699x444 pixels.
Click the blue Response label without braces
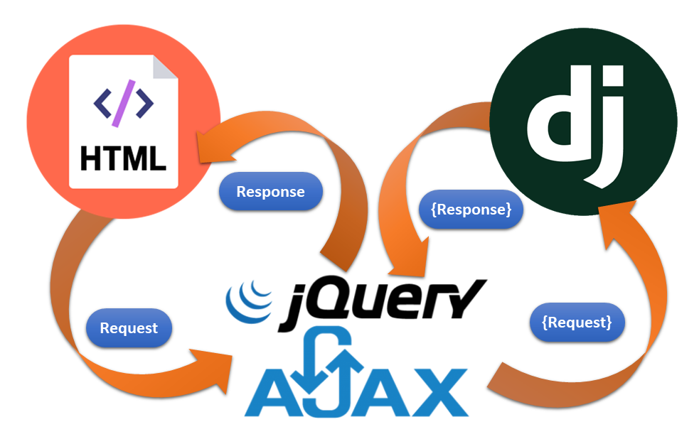click(270, 192)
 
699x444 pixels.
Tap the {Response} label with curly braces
click(471, 210)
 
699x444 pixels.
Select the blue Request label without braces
click(129, 328)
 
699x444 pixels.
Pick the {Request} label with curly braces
click(577, 322)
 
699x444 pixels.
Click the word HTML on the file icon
click(123, 158)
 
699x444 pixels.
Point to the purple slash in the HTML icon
click(123, 105)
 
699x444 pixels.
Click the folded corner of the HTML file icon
click(166, 67)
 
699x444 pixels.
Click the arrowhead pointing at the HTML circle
click(209, 146)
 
